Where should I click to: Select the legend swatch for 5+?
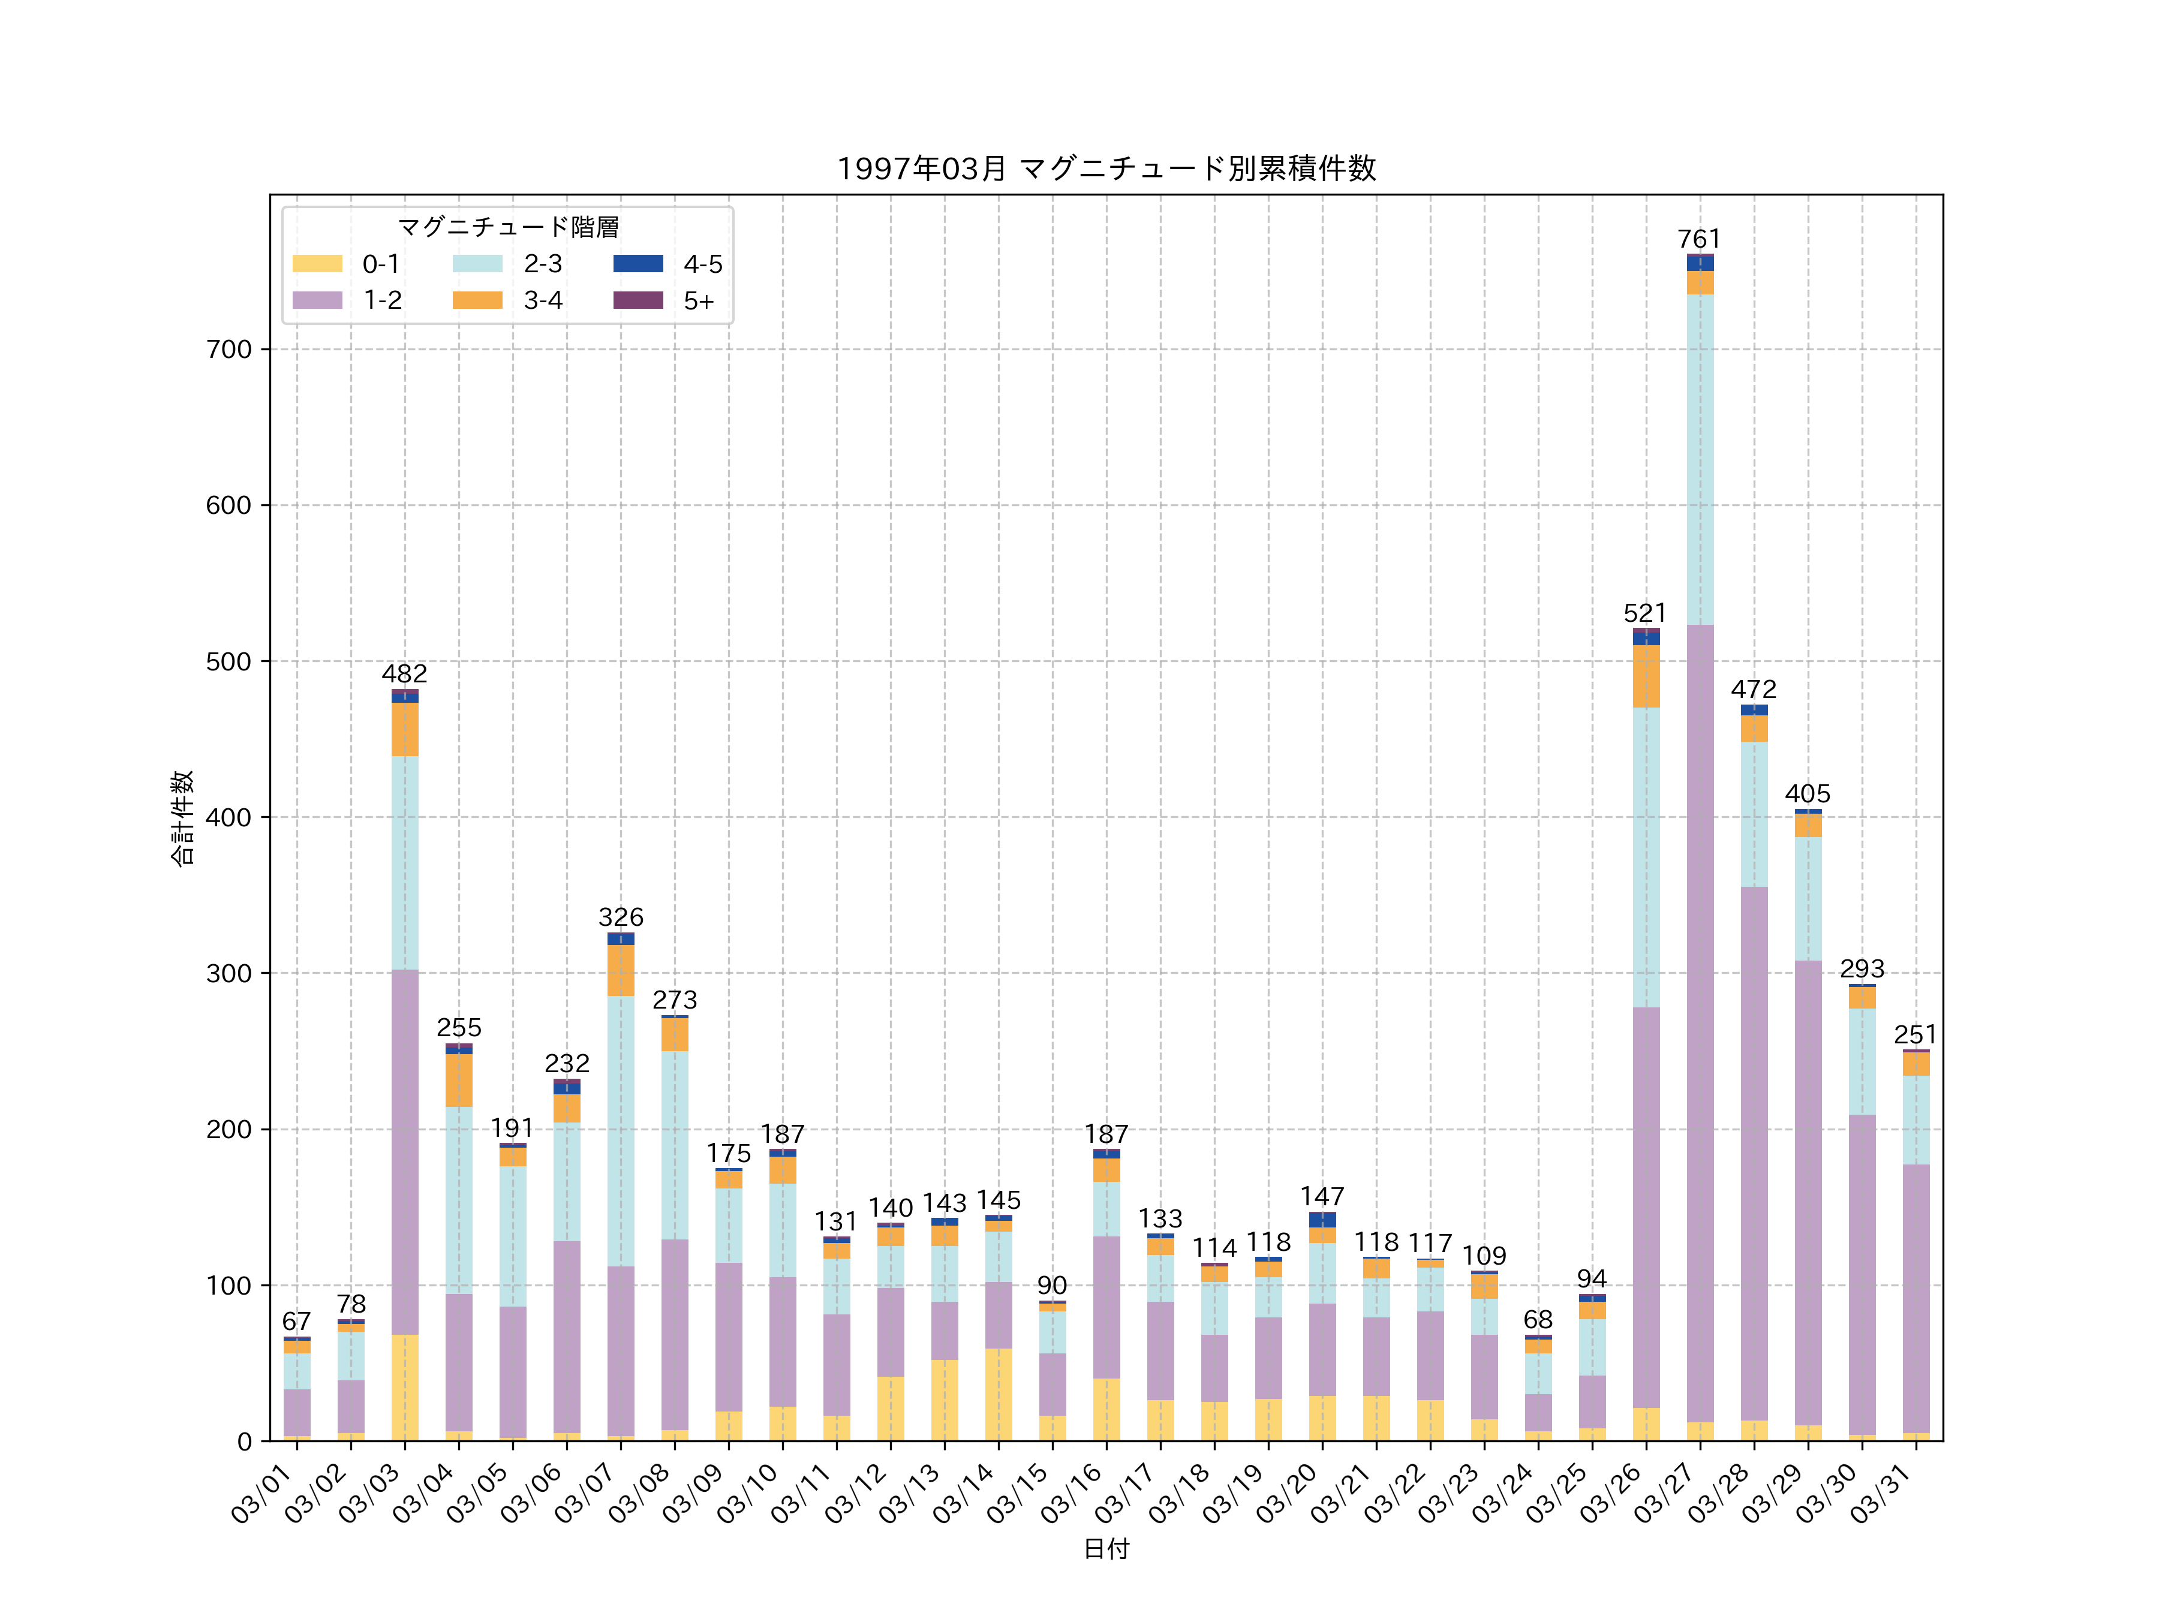click(638, 300)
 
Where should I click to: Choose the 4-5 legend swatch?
click(638, 263)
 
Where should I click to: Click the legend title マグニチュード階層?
click(507, 227)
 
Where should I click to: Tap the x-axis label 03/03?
click(370, 1494)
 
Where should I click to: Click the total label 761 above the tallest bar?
click(1699, 239)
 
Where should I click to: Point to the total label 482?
click(404, 673)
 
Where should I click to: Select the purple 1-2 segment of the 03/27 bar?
click(1699, 1025)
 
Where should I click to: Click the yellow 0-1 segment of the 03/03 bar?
click(405, 1387)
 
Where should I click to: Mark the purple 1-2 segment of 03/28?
click(1754, 1151)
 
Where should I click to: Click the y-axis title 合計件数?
click(182, 818)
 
